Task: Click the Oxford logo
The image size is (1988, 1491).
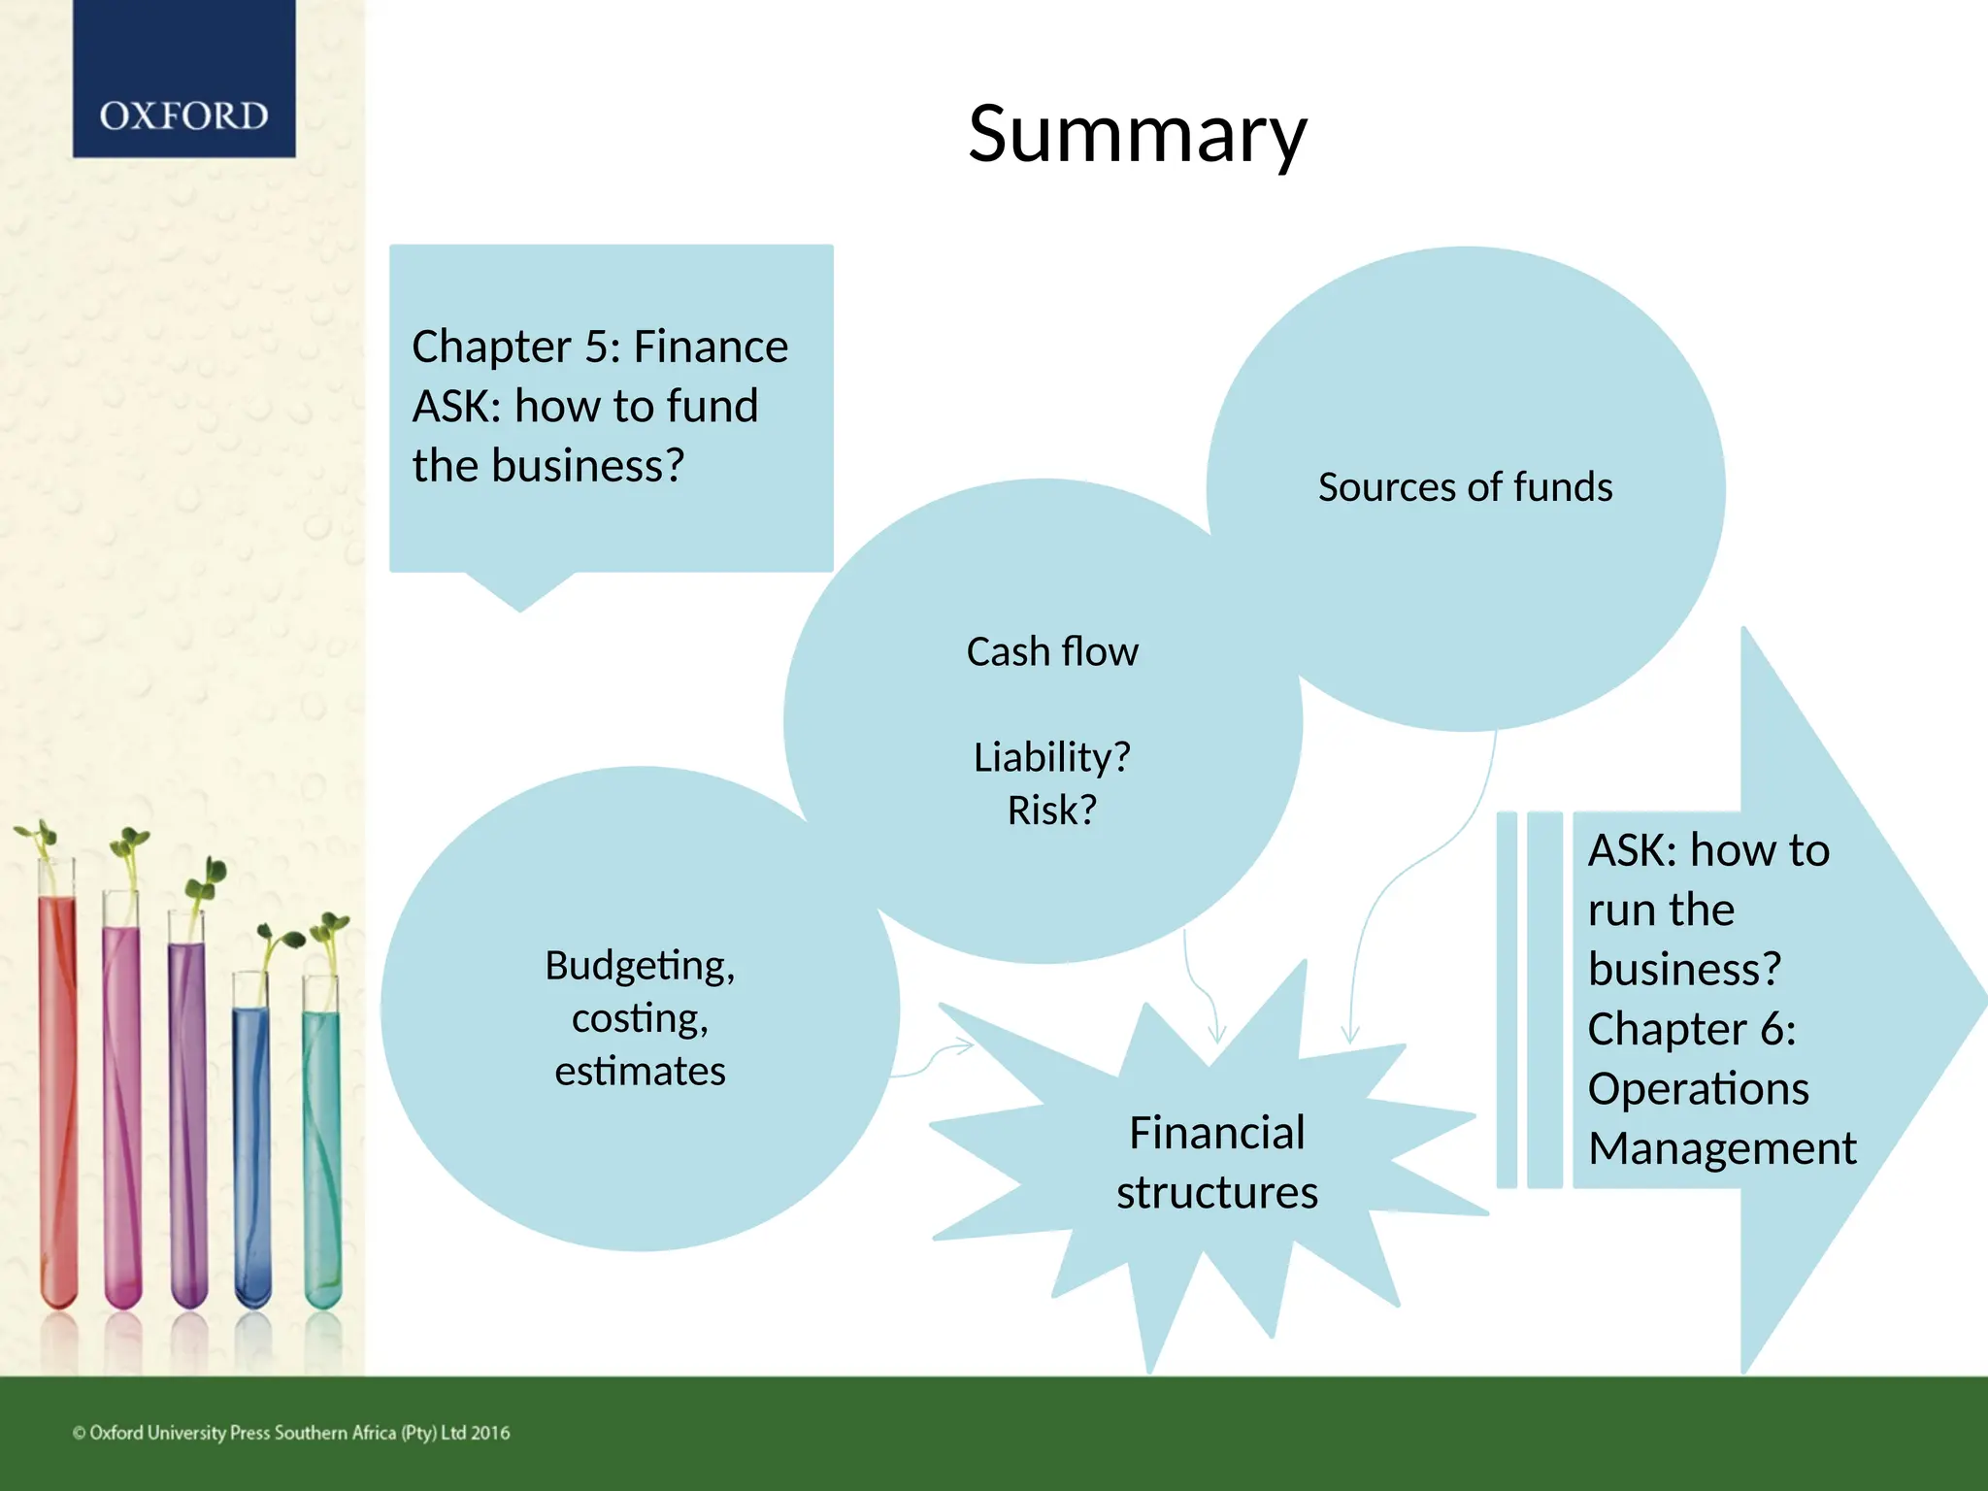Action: (183, 116)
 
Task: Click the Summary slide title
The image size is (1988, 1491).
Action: (1138, 134)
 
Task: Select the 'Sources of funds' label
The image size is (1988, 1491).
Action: (1465, 487)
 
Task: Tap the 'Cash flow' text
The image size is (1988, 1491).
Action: (1052, 652)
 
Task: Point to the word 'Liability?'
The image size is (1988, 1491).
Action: (1052, 757)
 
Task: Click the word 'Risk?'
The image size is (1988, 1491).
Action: (1052, 811)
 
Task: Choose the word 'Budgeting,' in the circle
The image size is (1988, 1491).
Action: (640, 966)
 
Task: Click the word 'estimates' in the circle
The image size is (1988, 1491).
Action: (640, 1072)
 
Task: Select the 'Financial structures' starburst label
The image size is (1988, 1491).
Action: (1216, 1162)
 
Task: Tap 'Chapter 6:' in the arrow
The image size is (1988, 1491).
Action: (1692, 1029)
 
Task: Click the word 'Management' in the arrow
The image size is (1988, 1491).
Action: (1722, 1148)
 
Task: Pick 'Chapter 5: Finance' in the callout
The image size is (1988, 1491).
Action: (600, 347)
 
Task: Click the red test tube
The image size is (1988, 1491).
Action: (58, 1097)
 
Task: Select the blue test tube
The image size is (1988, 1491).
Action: (252, 1155)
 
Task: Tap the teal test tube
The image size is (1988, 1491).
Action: (322, 1155)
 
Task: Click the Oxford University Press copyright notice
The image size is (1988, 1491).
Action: (291, 1433)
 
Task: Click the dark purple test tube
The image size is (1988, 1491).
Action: (188, 1116)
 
